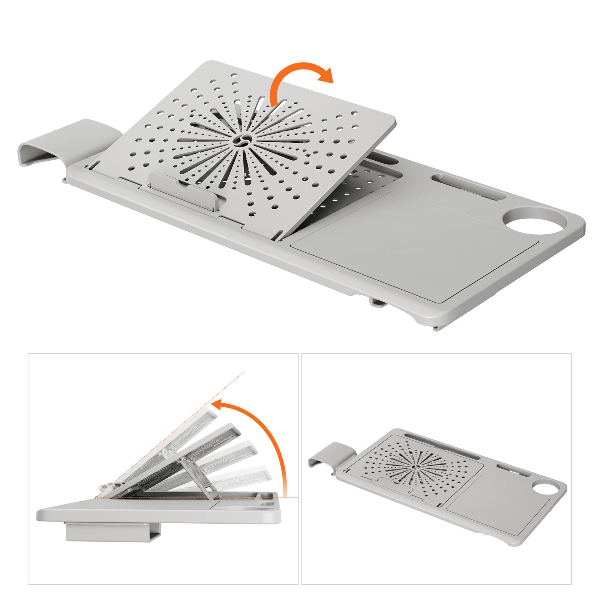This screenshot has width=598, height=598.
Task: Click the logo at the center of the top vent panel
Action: click(x=239, y=141)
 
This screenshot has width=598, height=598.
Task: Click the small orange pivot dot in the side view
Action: click(x=97, y=497)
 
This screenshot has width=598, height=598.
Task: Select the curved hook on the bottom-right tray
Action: click(x=329, y=454)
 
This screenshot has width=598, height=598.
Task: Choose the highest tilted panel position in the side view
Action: click(x=164, y=449)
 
